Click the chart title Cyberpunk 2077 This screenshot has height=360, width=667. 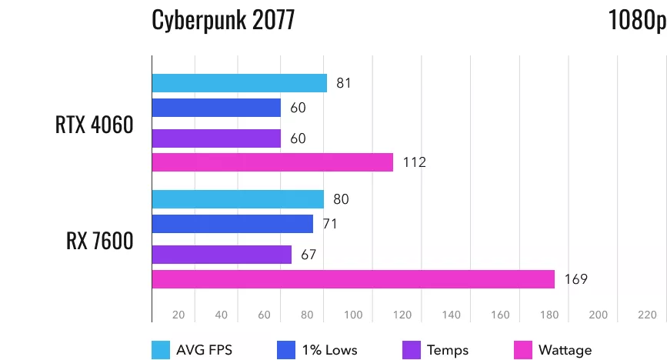coord(223,20)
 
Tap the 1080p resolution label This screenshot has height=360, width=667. coord(636,20)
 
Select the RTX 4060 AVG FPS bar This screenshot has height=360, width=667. coord(239,83)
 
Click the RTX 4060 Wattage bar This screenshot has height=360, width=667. coord(272,162)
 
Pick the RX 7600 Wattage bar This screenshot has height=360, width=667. coord(353,279)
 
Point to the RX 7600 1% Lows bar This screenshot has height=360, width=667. coord(232,224)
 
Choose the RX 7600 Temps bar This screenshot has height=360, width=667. coord(222,255)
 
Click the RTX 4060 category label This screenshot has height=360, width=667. coord(94,125)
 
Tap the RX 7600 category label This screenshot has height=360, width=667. coord(99,241)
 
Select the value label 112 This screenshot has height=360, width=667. coord(414,162)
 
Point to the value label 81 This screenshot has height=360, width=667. coord(344,83)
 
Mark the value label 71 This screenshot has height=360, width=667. coord(330,224)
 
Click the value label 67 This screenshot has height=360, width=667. coord(308,255)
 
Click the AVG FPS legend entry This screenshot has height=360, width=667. coord(192,350)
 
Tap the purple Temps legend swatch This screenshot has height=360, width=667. coord(411,350)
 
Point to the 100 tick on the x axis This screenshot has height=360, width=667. coord(354,315)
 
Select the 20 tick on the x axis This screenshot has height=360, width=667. coord(178,315)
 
